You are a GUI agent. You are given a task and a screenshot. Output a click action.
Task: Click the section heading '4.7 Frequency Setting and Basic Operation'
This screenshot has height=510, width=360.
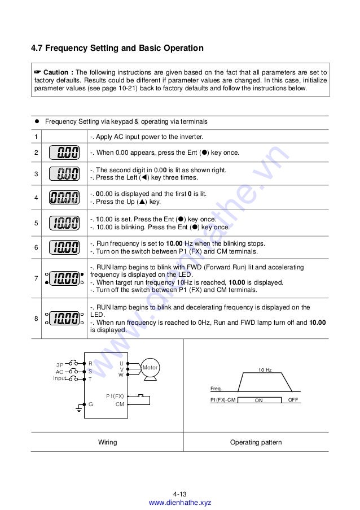coord(117,49)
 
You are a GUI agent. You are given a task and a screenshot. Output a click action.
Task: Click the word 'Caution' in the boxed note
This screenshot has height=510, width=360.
coord(56,73)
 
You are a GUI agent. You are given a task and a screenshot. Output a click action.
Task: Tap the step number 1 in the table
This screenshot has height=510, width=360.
coord(36,137)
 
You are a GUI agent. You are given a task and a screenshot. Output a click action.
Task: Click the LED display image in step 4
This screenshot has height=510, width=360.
coord(64,198)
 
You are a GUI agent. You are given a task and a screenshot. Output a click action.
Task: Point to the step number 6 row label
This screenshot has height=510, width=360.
coord(36,247)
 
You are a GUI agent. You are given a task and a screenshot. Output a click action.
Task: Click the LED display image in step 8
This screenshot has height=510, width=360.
coord(64,319)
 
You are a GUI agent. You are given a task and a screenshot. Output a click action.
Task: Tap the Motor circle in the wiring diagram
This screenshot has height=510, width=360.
coord(150,368)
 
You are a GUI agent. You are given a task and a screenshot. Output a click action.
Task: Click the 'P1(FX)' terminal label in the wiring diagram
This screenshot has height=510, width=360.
coord(115,396)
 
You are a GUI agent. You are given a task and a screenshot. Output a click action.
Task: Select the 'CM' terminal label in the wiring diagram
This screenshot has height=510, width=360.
coord(120,404)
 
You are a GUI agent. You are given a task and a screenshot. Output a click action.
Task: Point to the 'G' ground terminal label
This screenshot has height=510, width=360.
coord(90,404)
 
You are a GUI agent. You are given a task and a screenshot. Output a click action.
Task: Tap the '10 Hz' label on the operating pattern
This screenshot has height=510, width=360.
coord(265,370)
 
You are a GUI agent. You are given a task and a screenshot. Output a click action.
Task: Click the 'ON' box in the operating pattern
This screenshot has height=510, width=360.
coord(259,400)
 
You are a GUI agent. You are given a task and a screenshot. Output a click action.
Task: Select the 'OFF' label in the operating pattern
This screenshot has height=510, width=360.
coord(292,400)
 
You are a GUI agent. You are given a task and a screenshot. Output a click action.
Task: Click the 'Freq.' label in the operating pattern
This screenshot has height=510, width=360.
coord(216,389)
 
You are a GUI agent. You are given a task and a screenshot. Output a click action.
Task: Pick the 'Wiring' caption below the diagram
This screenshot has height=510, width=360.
coord(107,442)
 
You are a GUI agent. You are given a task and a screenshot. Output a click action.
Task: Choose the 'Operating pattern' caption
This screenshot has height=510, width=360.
coord(256,442)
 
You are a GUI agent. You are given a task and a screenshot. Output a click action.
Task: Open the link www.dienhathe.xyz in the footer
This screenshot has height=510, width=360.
coord(179,503)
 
